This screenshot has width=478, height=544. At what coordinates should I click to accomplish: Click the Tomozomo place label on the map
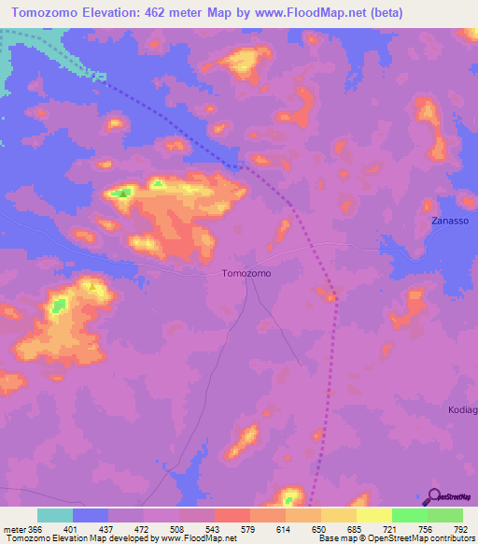click(246, 274)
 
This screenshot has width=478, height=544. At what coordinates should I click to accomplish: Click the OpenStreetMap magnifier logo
click(433, 495)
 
